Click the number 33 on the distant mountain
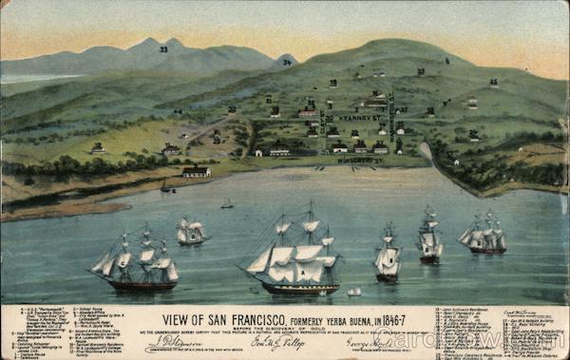[163, 48]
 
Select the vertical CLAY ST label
[323, 124]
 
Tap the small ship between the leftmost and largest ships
[191, 231]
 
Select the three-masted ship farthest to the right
[484, 237]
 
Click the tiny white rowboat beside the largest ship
[353, 292]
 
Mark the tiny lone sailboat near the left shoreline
[227, 203]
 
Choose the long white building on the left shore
[197, 172]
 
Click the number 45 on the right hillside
[493, 82]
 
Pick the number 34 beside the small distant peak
[286, 62]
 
